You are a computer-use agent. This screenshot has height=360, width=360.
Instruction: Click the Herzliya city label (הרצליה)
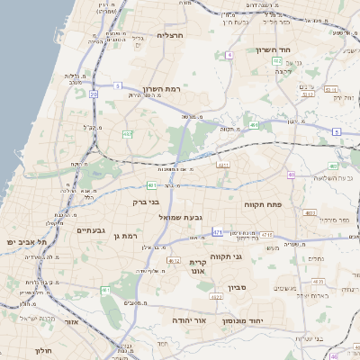(170, 35)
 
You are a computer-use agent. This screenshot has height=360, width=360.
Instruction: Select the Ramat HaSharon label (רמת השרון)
(163, 89)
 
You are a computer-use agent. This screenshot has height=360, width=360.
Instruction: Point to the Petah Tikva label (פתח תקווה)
(263, 205)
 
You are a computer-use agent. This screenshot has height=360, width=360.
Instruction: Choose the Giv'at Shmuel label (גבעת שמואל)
(184, 217)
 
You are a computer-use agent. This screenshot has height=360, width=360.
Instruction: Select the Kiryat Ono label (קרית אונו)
(198, 265)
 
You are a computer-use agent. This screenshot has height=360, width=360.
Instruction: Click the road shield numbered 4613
(173, 262)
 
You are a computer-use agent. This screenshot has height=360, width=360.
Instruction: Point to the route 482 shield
(127, 134)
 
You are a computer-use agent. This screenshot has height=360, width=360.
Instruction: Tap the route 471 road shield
(217, 232)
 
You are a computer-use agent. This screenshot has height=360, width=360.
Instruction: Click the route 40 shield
(291, 175)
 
